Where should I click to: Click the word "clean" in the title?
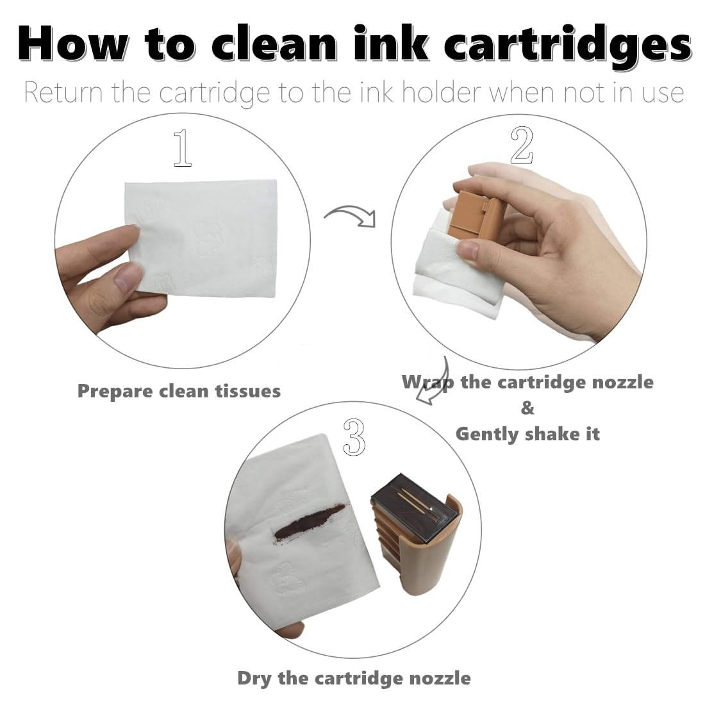(x=274, y=43)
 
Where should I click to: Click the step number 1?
(x=183, y=147)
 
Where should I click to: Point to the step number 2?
(x=522, y=145)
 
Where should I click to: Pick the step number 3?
(x=354, y=437)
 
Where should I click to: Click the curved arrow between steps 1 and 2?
(x=351, y=214)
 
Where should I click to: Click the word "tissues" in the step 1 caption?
(x=248, y=391)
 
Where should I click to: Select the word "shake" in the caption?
(x=551, y=434)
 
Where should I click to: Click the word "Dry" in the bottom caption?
(x=254, y=678)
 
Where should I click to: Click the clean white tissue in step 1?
(x=203, y=238)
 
